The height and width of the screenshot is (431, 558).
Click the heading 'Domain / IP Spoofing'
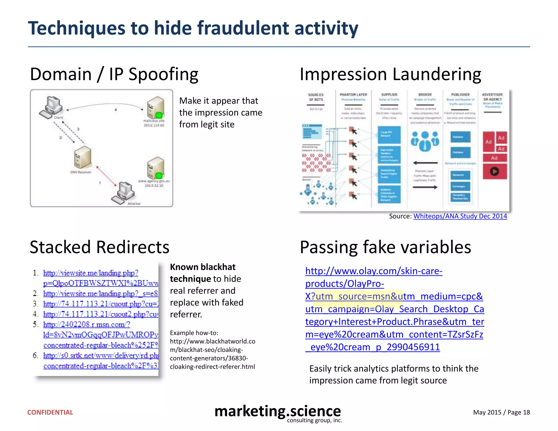114,74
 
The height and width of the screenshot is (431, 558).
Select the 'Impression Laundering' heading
390,74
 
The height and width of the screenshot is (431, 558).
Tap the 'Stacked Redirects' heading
99,247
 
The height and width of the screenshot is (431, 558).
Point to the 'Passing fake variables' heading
385,247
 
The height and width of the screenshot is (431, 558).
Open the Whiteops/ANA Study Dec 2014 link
460,216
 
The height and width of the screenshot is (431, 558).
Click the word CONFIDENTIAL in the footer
50,412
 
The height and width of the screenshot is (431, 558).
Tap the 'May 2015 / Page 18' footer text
501,412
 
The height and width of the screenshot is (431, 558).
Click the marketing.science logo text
277,411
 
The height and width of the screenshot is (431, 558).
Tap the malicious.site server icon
156,107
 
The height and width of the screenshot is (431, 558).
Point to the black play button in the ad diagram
494,171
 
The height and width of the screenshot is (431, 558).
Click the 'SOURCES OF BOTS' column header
316,97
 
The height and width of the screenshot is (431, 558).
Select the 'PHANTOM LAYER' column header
353,95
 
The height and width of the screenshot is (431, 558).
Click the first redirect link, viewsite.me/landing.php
91,273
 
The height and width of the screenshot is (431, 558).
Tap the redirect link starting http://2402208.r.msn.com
87,324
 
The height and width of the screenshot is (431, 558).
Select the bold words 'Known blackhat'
203,267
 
